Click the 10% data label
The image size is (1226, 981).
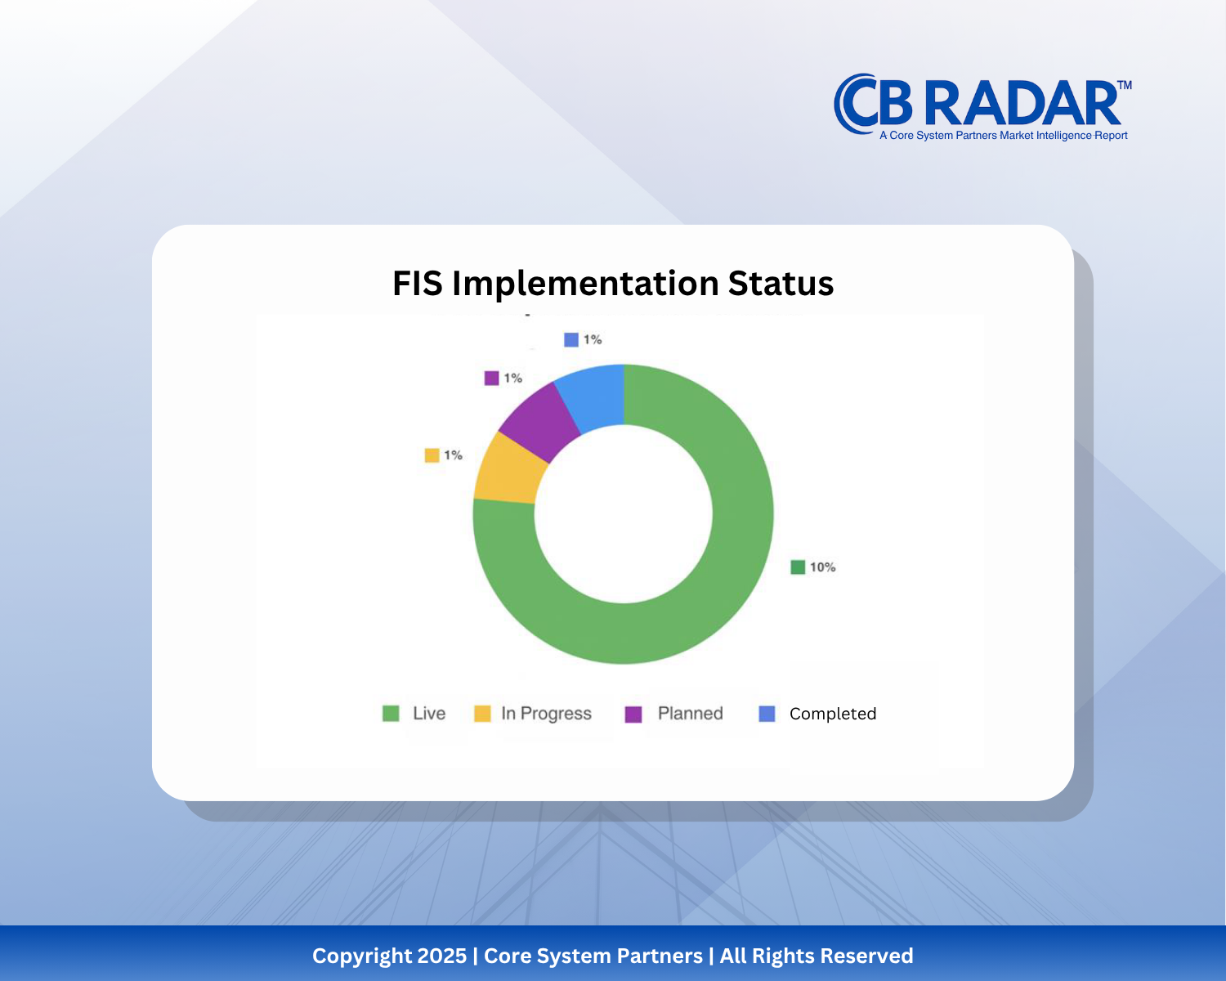(x=822, y=567)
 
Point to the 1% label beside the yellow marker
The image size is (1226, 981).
(x=453, y=455)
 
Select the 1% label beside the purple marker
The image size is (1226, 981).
(x=512, y=378)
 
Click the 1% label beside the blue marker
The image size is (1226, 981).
(x=593, y=339)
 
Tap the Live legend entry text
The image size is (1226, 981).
(x=429, y=714)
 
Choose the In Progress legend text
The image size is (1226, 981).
(x=546, y=714)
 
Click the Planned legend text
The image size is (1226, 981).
(x=691, y=714)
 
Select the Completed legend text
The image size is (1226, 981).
(x=832, y=714)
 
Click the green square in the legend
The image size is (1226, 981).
(x=391, y=714)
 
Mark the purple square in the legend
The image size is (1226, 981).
(x=633, y=714)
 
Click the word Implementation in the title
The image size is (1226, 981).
(x=585, y=284)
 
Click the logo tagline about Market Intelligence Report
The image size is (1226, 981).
(x=1003, y=136)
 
